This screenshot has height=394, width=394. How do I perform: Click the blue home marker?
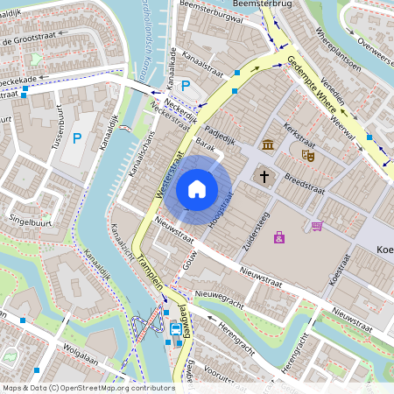pyautogui.click(x=197, y=189)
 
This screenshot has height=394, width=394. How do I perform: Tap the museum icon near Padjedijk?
pyautogui.click(x=267, y=144)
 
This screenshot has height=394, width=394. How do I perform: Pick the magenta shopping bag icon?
pyautogui.click(x=279, y=237)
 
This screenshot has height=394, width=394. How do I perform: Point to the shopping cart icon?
pyautogui.click(x=316, y=226)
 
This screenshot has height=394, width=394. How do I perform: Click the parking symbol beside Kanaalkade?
pyautogui.click(x=186, y=86)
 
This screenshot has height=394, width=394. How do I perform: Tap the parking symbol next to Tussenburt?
pyautogui.click(x=77, y=137)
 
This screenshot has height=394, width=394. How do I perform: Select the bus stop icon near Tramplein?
pyautogui.click(x=176, y=330)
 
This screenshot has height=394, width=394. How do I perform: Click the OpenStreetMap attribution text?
pyautogui.click(x=88, y=387)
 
